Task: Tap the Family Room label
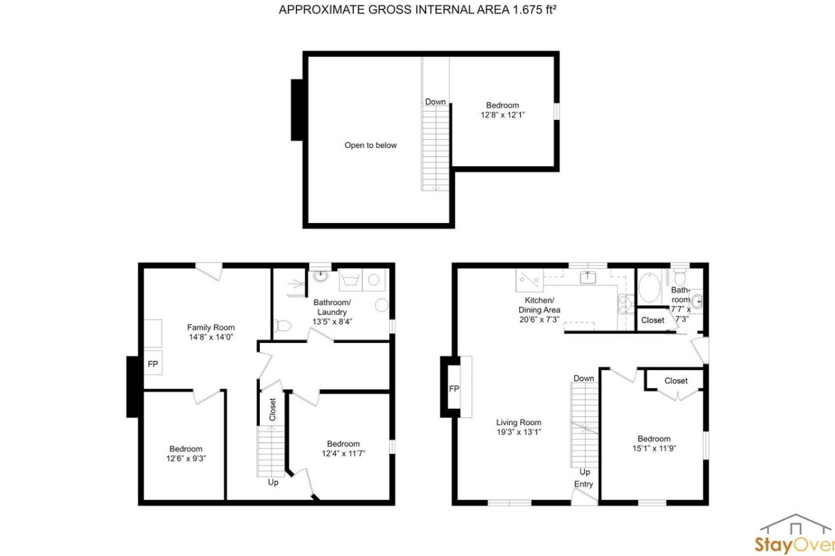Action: (211, 327)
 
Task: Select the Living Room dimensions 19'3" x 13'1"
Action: (519, 432)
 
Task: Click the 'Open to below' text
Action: (370, 145)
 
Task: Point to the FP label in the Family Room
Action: (153, 364)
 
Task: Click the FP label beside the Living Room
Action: (454, 389)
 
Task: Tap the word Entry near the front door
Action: (583, 484)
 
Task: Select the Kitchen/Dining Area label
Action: (539, 305)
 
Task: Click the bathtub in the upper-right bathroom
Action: (649, 288)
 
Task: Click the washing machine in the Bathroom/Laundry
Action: (350, 280)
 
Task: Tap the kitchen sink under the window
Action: (588, 277)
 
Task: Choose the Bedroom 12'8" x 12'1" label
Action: (502, 110)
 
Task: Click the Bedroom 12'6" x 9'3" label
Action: (186, 453)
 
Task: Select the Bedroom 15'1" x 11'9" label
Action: (654, 444)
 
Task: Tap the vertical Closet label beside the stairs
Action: (273, 410)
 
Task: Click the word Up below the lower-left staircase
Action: (273, 482)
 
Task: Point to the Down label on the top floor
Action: (435, 102)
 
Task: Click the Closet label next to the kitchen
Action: (653, 320)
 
